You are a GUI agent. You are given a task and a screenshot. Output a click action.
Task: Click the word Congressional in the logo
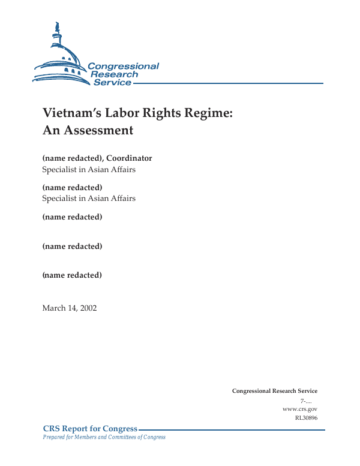coord(123,67)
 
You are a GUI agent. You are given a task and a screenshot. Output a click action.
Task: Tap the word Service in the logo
coord(112,83)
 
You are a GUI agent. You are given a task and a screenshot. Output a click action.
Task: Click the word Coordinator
coord(129,158)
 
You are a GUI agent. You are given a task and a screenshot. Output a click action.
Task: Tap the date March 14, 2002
coord(69,308)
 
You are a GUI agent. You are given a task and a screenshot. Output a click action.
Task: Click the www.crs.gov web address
coord(299,408)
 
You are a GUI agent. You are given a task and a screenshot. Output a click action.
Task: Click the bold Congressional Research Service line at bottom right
coord(274,391)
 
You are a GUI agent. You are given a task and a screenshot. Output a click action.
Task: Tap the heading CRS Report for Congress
coord(90,429)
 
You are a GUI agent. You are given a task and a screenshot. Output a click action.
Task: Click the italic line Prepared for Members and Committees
coord(104,437)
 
